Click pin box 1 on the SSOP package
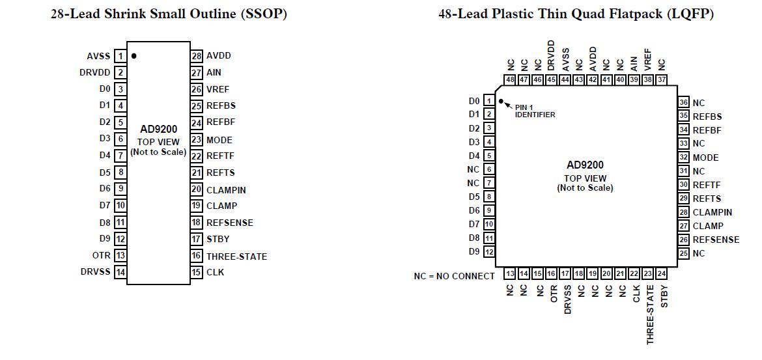pyautogui.click(x=120, y=57)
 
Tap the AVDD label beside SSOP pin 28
pyautogui.click(x=218, y=56)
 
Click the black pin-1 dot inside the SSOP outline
pyautogui.click(x=134, y=56)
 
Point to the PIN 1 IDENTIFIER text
pyautogui.click(x=535, y=111)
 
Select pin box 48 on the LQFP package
pyautogui.click(x=510, y=80)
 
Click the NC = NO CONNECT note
pyautogui.click(x=454, y=276)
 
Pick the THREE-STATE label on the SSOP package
pyautogui.click(x=236, y=256)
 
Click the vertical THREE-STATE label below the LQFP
pyautogui.click(x=650, y=314)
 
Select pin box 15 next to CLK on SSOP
pyautogui.click(x=197, y=272)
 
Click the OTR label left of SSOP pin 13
pyautogui.click(x=102, y=255)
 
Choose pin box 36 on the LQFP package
pyautogui.click(x=683, y=103)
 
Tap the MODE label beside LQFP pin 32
pyautogui.click(x=705, y=158)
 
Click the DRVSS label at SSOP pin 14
pyautogui.click(x=96, y=271)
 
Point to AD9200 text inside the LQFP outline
pyautogui.click(x=585, y=165)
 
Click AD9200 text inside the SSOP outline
pyautogui.click(x=158, y=129)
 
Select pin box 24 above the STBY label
pyautogui.click(x=661, y=274)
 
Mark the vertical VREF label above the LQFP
pyautogui.click(x=647, y=59)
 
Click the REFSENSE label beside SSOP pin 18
pyautogui.click(x=229, y=223)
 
